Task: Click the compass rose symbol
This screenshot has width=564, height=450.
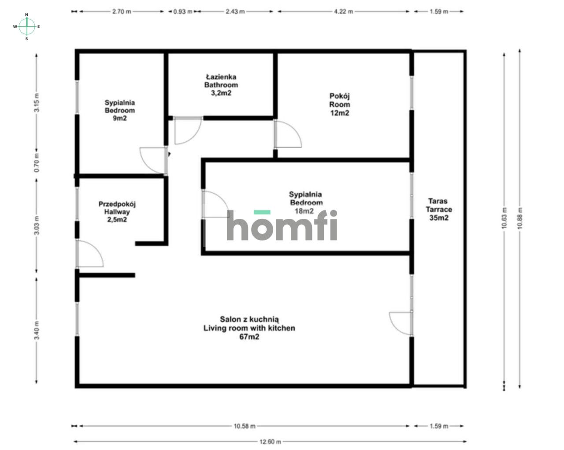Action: click(x=27, y=26)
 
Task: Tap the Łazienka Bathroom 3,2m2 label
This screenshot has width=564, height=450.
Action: click(x=221, y=85)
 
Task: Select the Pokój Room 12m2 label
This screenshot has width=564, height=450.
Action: click(x=340, y=105)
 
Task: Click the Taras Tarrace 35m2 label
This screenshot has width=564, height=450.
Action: click(x=438, y=210)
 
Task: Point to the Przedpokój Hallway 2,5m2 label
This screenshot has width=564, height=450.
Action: click(x=117, y=212)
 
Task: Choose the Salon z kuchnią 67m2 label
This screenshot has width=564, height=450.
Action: click(x=249, y=328)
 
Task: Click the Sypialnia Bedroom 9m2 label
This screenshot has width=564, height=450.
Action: click(x=119, y=110)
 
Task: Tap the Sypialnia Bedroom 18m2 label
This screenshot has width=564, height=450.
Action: click(x=305, y=202)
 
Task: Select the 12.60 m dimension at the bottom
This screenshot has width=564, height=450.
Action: click(x=270, y=441)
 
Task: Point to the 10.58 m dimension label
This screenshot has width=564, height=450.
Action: click(x=244, y=426)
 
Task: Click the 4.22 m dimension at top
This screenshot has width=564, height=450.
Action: click(x=344, y=11)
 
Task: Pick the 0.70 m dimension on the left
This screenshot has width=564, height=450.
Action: click(x=37, y=162)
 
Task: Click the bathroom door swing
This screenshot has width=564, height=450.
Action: click(x=187, y=131)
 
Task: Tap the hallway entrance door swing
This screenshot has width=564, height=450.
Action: click(x=89, y=254)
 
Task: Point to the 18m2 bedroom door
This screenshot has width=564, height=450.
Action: click(x=215, y=204)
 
